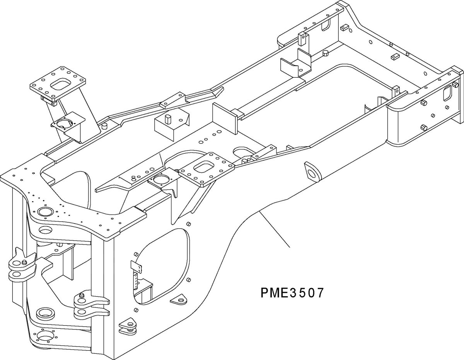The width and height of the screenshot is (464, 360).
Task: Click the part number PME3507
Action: (292, 292)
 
